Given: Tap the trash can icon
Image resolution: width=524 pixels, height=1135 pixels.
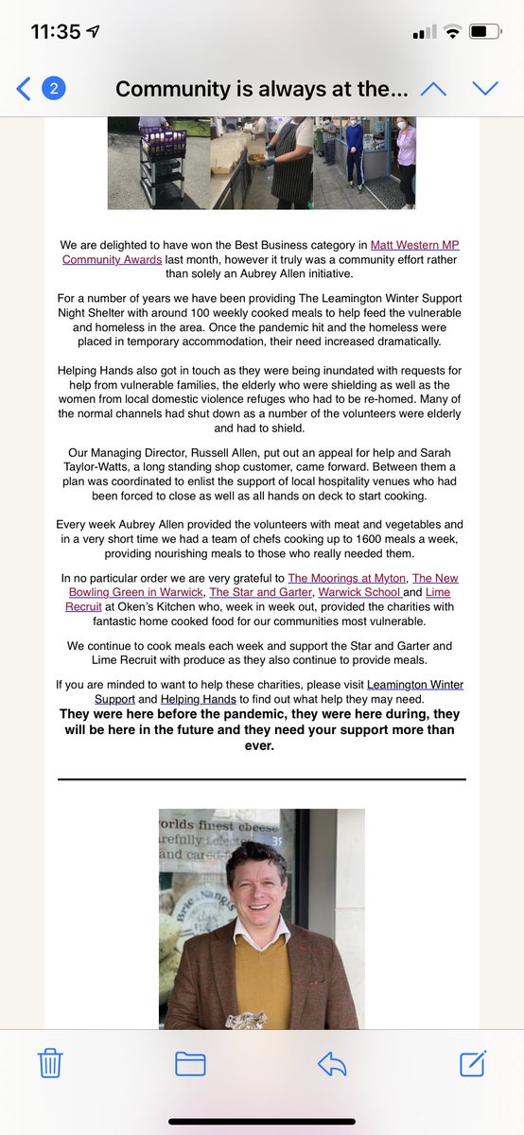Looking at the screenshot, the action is click(50, 1064).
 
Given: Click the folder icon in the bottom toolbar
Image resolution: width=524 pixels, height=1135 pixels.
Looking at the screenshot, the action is click(190, 1064).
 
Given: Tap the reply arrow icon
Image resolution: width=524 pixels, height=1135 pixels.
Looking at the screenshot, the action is click(332, 1064).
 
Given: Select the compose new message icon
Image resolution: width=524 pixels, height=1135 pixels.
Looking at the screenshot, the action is click(473, 1063).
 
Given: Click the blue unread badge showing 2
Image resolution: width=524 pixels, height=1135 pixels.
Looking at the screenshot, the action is click(54, 89).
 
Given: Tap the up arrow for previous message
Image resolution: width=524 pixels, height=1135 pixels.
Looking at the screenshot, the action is click(432, 89).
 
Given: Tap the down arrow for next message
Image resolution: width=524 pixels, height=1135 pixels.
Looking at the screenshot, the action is click(484, 89).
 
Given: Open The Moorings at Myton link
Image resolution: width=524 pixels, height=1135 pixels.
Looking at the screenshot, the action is click(347, 578).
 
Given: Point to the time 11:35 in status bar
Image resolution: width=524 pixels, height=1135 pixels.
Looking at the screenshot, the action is click(55, 31).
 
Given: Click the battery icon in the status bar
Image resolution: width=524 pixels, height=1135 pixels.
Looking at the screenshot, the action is click(484, 31).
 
